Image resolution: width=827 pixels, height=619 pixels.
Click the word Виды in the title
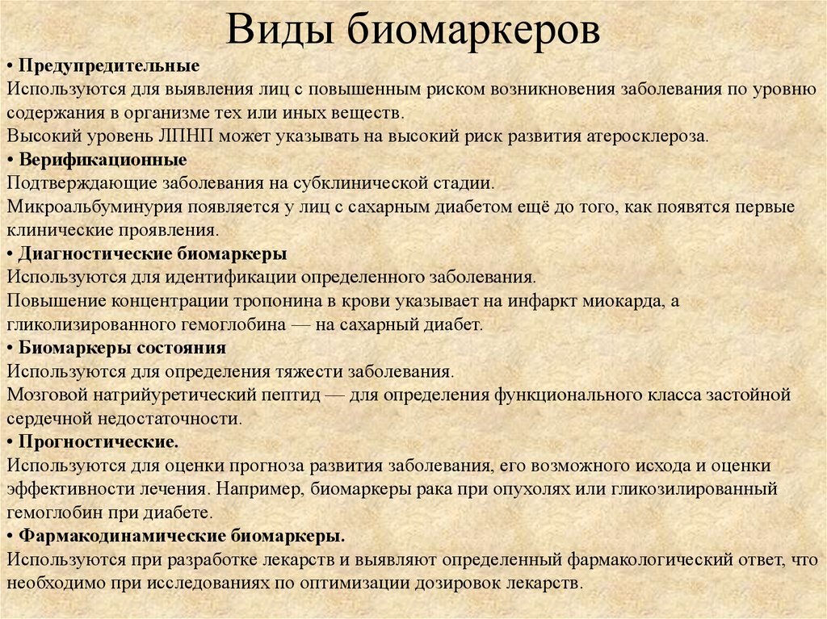point(279,30)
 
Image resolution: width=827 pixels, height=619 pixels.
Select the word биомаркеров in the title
point(473,31)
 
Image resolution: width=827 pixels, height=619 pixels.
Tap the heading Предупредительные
point(109,66)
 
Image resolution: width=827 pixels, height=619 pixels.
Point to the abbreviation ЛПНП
point(187,136)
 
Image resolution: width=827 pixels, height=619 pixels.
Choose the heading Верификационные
point(103,160)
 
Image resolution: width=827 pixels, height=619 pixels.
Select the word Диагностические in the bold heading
point(95,253)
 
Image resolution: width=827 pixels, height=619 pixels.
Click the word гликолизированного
point(91,324)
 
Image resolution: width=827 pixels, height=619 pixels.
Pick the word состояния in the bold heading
point(182,348)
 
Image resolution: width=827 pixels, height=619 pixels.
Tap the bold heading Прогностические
point(99,441)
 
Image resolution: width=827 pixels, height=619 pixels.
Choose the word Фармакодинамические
point(123,536)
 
